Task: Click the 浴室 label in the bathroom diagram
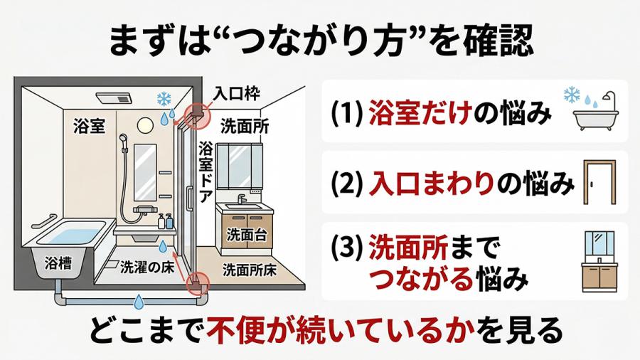coord(89,127)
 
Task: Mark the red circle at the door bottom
coord(196,286)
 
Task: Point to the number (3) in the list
coord(348,249)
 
